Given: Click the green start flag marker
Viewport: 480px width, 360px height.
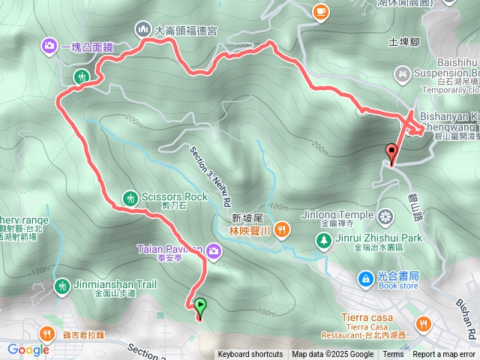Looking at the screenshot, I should [x=200, y=306].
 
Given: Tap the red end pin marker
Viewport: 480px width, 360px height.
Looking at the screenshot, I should [x=391, y=152].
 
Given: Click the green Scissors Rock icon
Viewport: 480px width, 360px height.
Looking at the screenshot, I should [x=128, y=197].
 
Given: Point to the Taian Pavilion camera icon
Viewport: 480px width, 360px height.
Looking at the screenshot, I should [x=214, y=250].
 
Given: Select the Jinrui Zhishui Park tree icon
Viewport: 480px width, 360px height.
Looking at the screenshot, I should [x=323, y=241].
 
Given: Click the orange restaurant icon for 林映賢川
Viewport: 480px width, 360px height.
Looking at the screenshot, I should [x=282, y=229].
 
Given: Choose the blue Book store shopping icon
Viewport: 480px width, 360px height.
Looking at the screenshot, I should [x=365, y=279].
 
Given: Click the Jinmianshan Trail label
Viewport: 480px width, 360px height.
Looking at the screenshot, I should [x=115, y=284].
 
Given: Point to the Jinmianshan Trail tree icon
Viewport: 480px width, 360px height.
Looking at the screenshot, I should [x=61, y=286].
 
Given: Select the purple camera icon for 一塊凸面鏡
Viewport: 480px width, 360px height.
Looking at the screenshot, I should [x=49, y=47].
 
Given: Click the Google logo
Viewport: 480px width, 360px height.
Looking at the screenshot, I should [x=28, y=349].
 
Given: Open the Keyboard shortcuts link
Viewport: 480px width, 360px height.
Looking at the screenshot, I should [x=250, y=355].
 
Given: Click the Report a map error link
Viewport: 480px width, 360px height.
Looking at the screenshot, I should [x=444, y=355].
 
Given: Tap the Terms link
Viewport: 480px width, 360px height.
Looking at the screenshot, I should [x=393, y=355].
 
